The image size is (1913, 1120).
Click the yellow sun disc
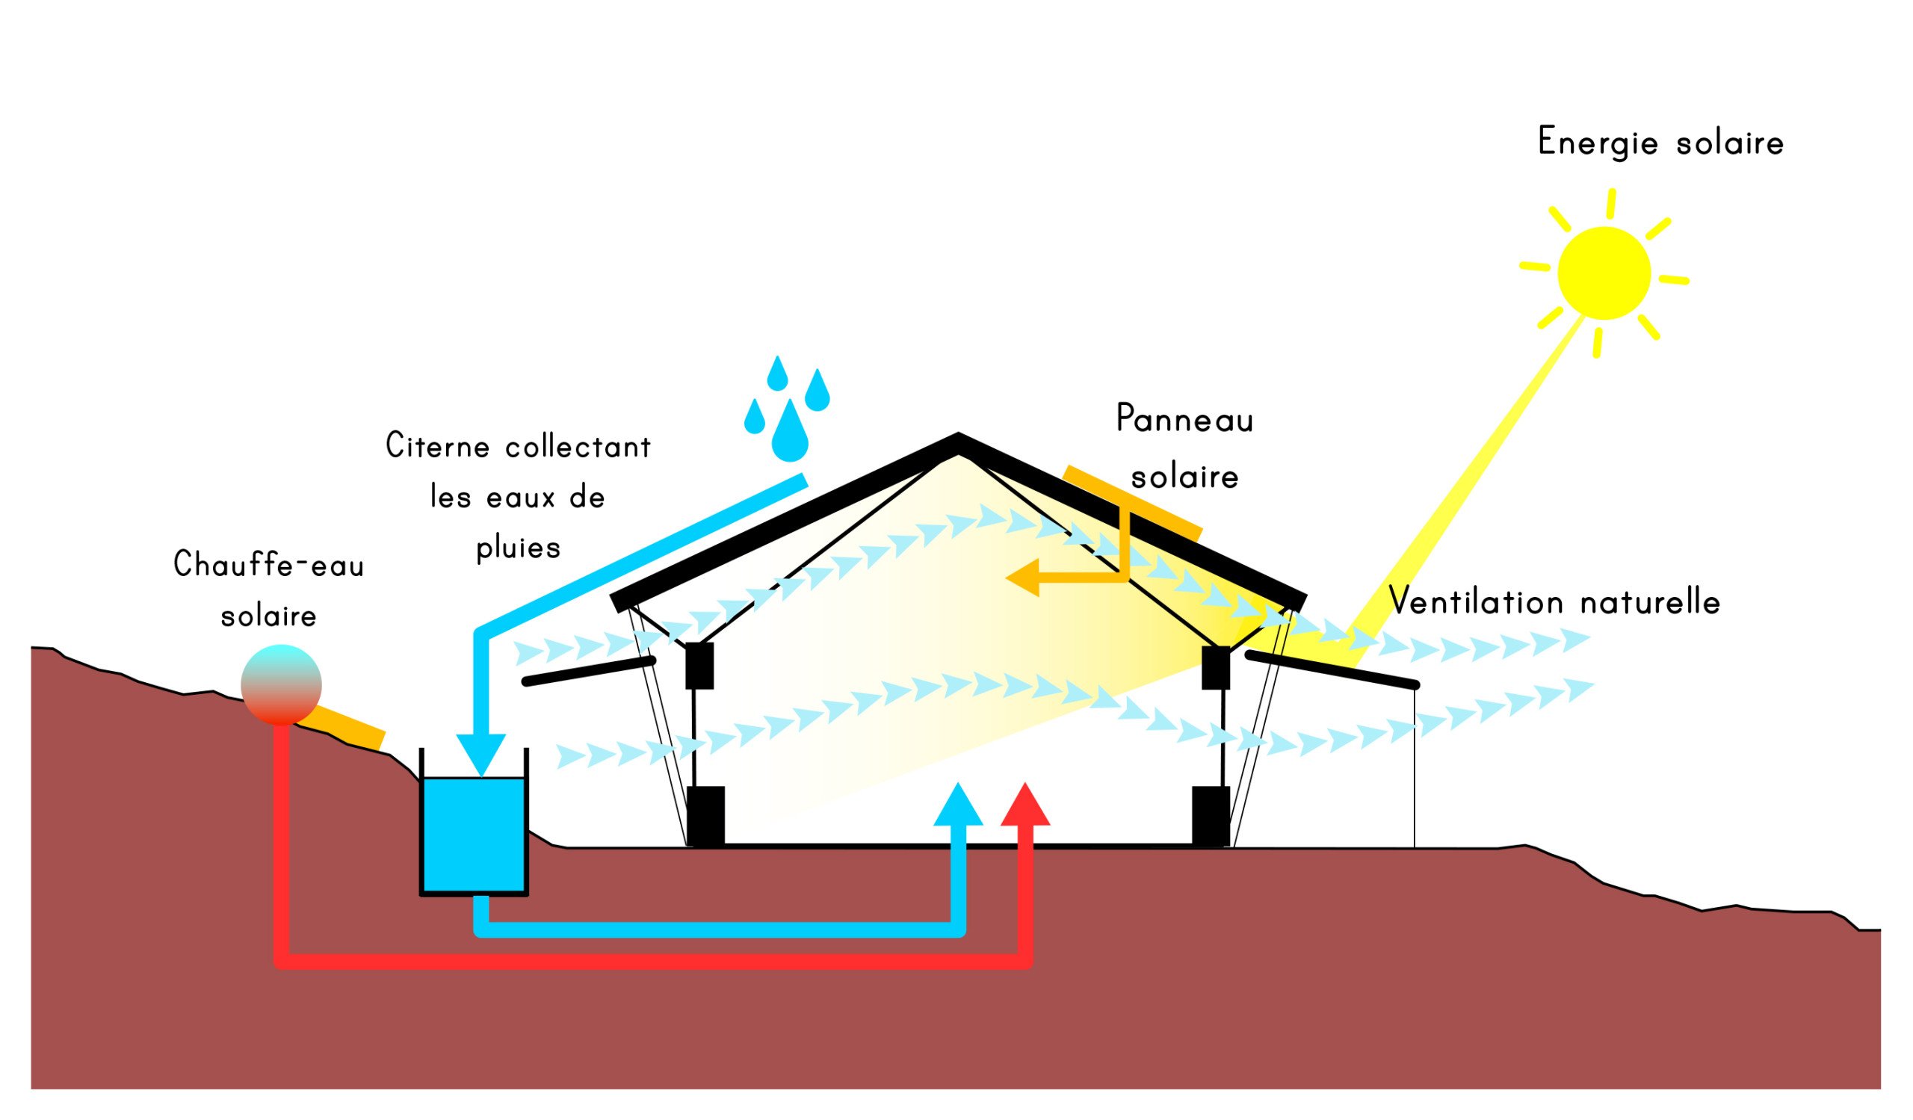click(1604, 273)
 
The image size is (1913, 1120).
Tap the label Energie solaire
click(1660, 142)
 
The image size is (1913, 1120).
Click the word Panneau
click(1184, 418)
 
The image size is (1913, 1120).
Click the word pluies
click(519, 548)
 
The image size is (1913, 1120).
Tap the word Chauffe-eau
click(269, 565)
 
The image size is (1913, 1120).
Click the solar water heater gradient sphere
click(281, 684)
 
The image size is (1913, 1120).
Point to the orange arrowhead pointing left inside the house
click(1022, 578)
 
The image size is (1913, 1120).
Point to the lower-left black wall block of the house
click(705, 817)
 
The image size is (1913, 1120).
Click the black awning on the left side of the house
click(589, 672)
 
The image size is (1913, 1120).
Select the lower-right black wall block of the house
click(1211, 817)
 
